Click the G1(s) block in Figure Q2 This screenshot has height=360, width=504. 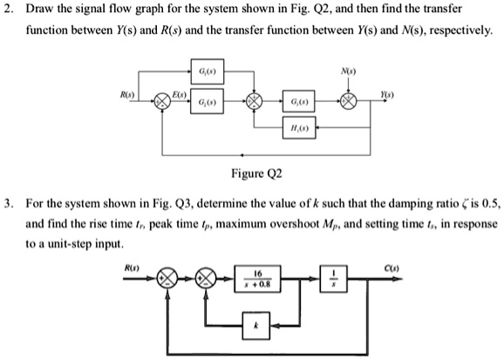coord(208,69)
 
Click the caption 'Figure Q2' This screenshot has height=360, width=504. coord(251,173)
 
